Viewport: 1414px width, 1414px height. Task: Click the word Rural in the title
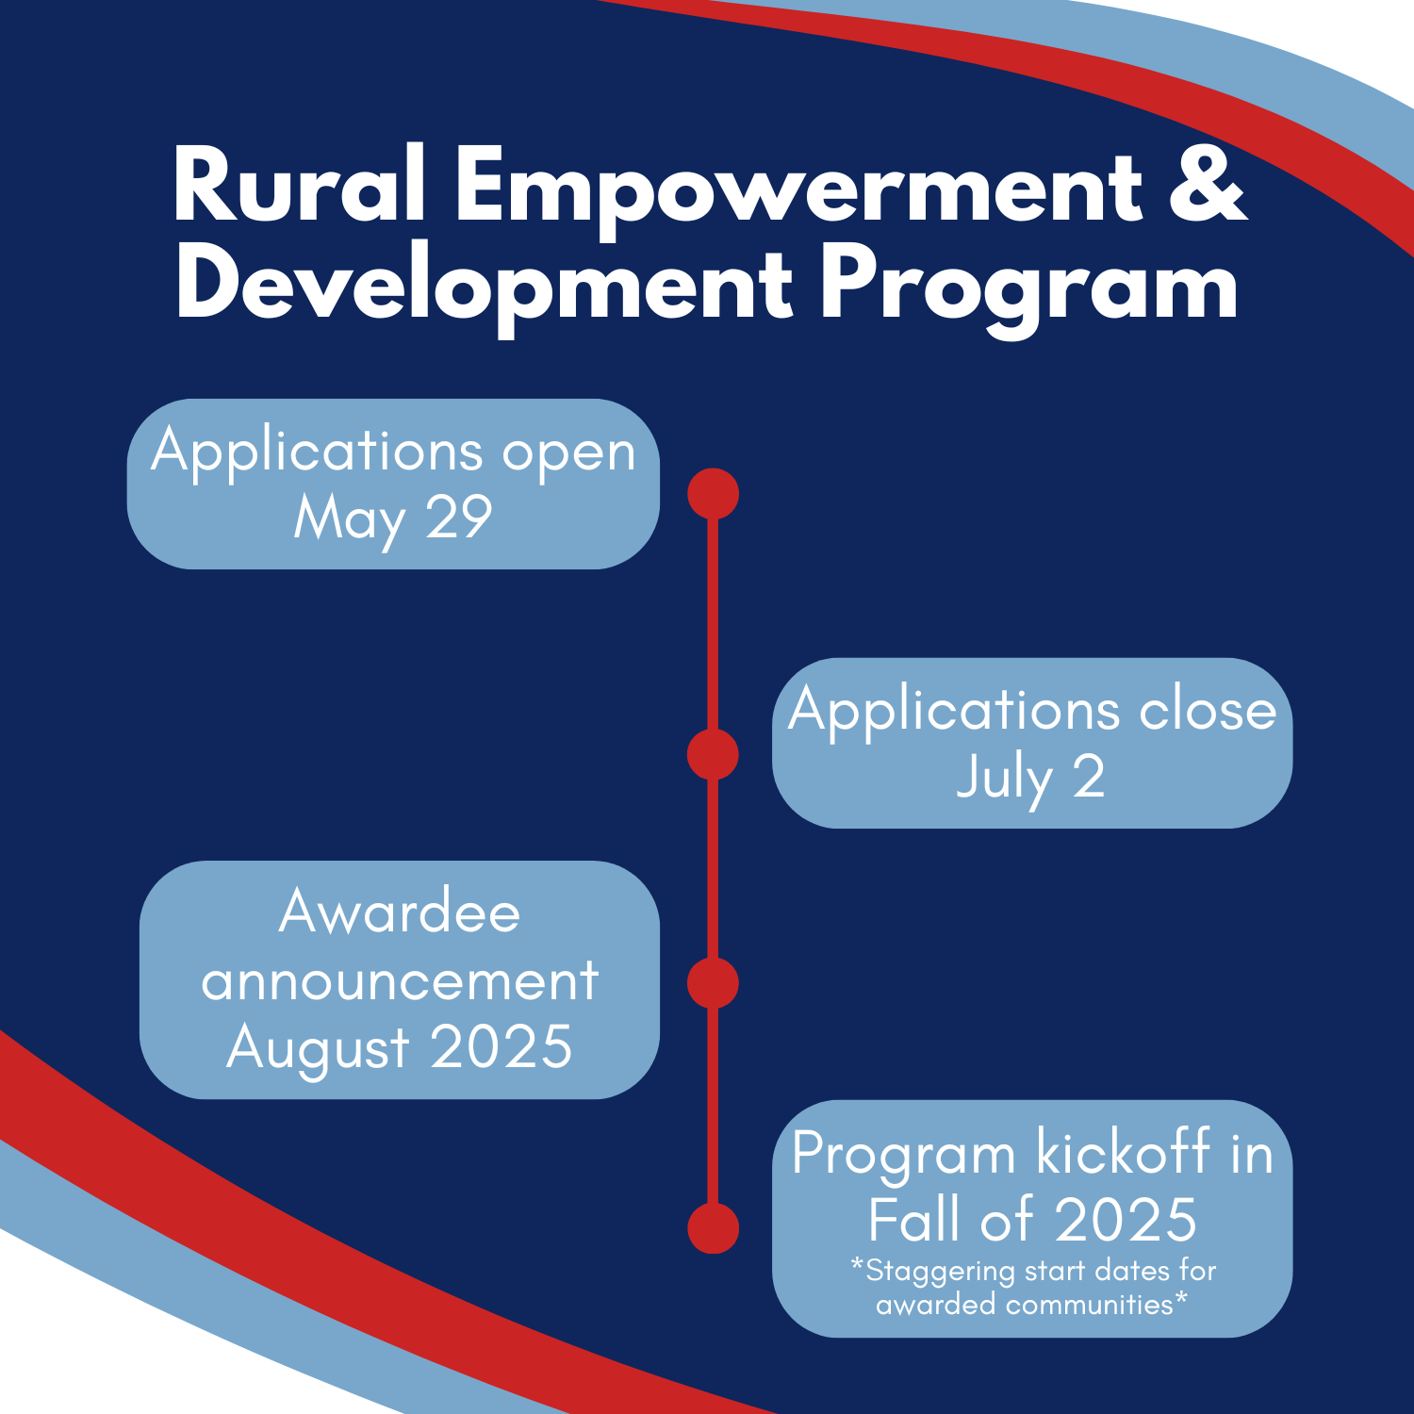point(299,186)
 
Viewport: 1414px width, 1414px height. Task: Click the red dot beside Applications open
point(713,493)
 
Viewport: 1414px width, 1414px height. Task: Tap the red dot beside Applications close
point(713,754)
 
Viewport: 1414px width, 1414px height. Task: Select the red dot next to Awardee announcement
point(713,983)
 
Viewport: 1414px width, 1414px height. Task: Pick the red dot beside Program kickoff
point(713,1227)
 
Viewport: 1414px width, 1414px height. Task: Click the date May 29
point(393,520)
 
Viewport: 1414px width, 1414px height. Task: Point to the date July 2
point(1030,780)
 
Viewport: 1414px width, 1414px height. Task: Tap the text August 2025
point(399,1049)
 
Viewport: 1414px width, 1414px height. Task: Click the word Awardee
point(400,912)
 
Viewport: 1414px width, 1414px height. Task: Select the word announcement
point(400,980)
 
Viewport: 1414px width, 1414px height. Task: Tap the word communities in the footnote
point(1089,1305)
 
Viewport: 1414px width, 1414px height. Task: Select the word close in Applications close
point(1208,709)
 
